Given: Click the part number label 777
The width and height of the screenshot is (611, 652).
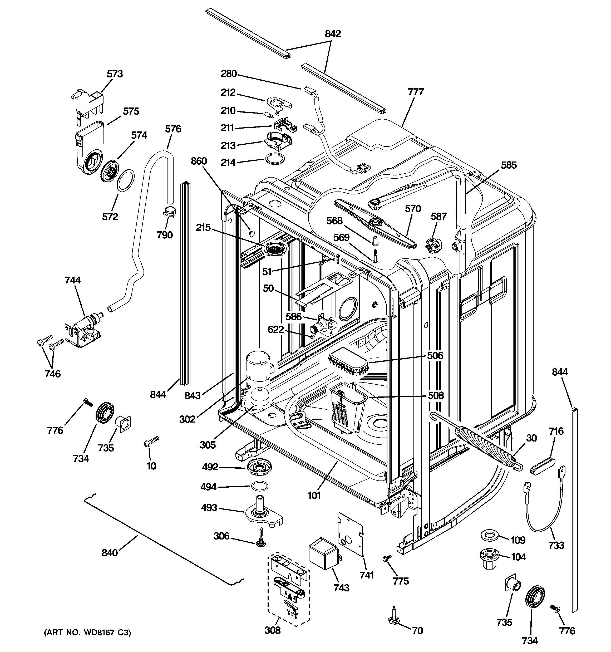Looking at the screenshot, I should (x=416, y=92).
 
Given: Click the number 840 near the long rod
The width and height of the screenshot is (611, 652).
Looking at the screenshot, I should (x=110, y=553).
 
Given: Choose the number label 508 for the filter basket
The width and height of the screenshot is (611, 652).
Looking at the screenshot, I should (x=436, y=395).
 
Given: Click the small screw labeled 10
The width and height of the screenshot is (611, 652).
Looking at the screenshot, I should (x=151, y=442).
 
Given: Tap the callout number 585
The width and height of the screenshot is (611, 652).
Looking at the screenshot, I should (x=508, y=165).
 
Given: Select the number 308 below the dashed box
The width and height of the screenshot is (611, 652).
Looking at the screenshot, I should (x=273, y=630).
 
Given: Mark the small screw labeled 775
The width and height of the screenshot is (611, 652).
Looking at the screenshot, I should (x=387, y=557).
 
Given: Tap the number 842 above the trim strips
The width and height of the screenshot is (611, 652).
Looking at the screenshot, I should (x=333, y=34).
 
